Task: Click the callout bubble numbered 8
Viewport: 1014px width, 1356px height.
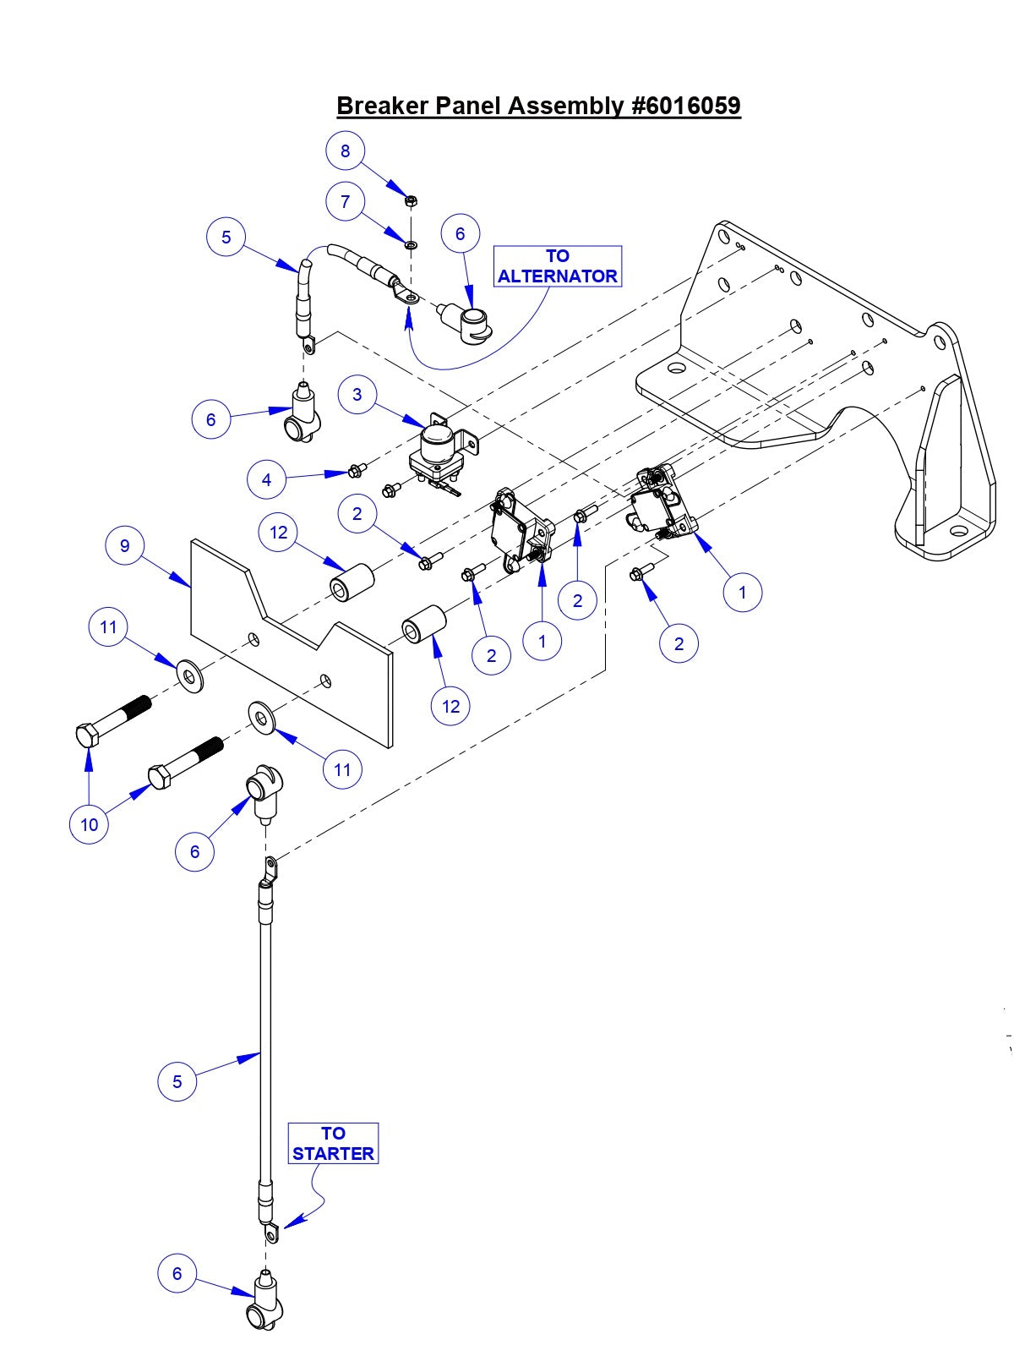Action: click(x=345, y=150)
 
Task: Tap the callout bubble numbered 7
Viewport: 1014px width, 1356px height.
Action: click(x=345, y=201)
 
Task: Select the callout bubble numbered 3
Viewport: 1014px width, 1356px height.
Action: click(x=357, y=395)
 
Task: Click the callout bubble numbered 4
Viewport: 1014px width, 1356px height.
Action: click(x=267, y=480)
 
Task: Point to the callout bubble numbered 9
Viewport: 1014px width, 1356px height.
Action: click(x=125, y=545)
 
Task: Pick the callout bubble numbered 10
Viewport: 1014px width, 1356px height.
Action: click(x=89, y=824)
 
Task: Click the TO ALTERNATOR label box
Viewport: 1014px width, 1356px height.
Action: click(x=558, y=266)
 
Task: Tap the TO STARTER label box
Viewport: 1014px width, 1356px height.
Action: click(x=333, y=1143)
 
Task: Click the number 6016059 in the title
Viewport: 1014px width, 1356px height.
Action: click(x=685, y=106)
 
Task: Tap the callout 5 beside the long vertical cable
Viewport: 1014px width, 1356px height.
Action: click(x=177, y=1081)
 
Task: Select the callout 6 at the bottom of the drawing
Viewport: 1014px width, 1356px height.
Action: click(x=177, y=1273)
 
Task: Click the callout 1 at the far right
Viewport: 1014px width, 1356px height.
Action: click(x=743, y=593)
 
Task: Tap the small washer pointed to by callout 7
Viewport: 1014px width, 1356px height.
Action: click(x=410, y=244)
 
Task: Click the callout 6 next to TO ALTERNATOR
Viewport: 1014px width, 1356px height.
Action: click(x=461, y=233)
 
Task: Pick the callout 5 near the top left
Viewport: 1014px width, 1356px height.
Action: click(x=226, y=237)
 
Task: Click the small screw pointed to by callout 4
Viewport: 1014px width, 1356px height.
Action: click(x=356, y=469)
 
